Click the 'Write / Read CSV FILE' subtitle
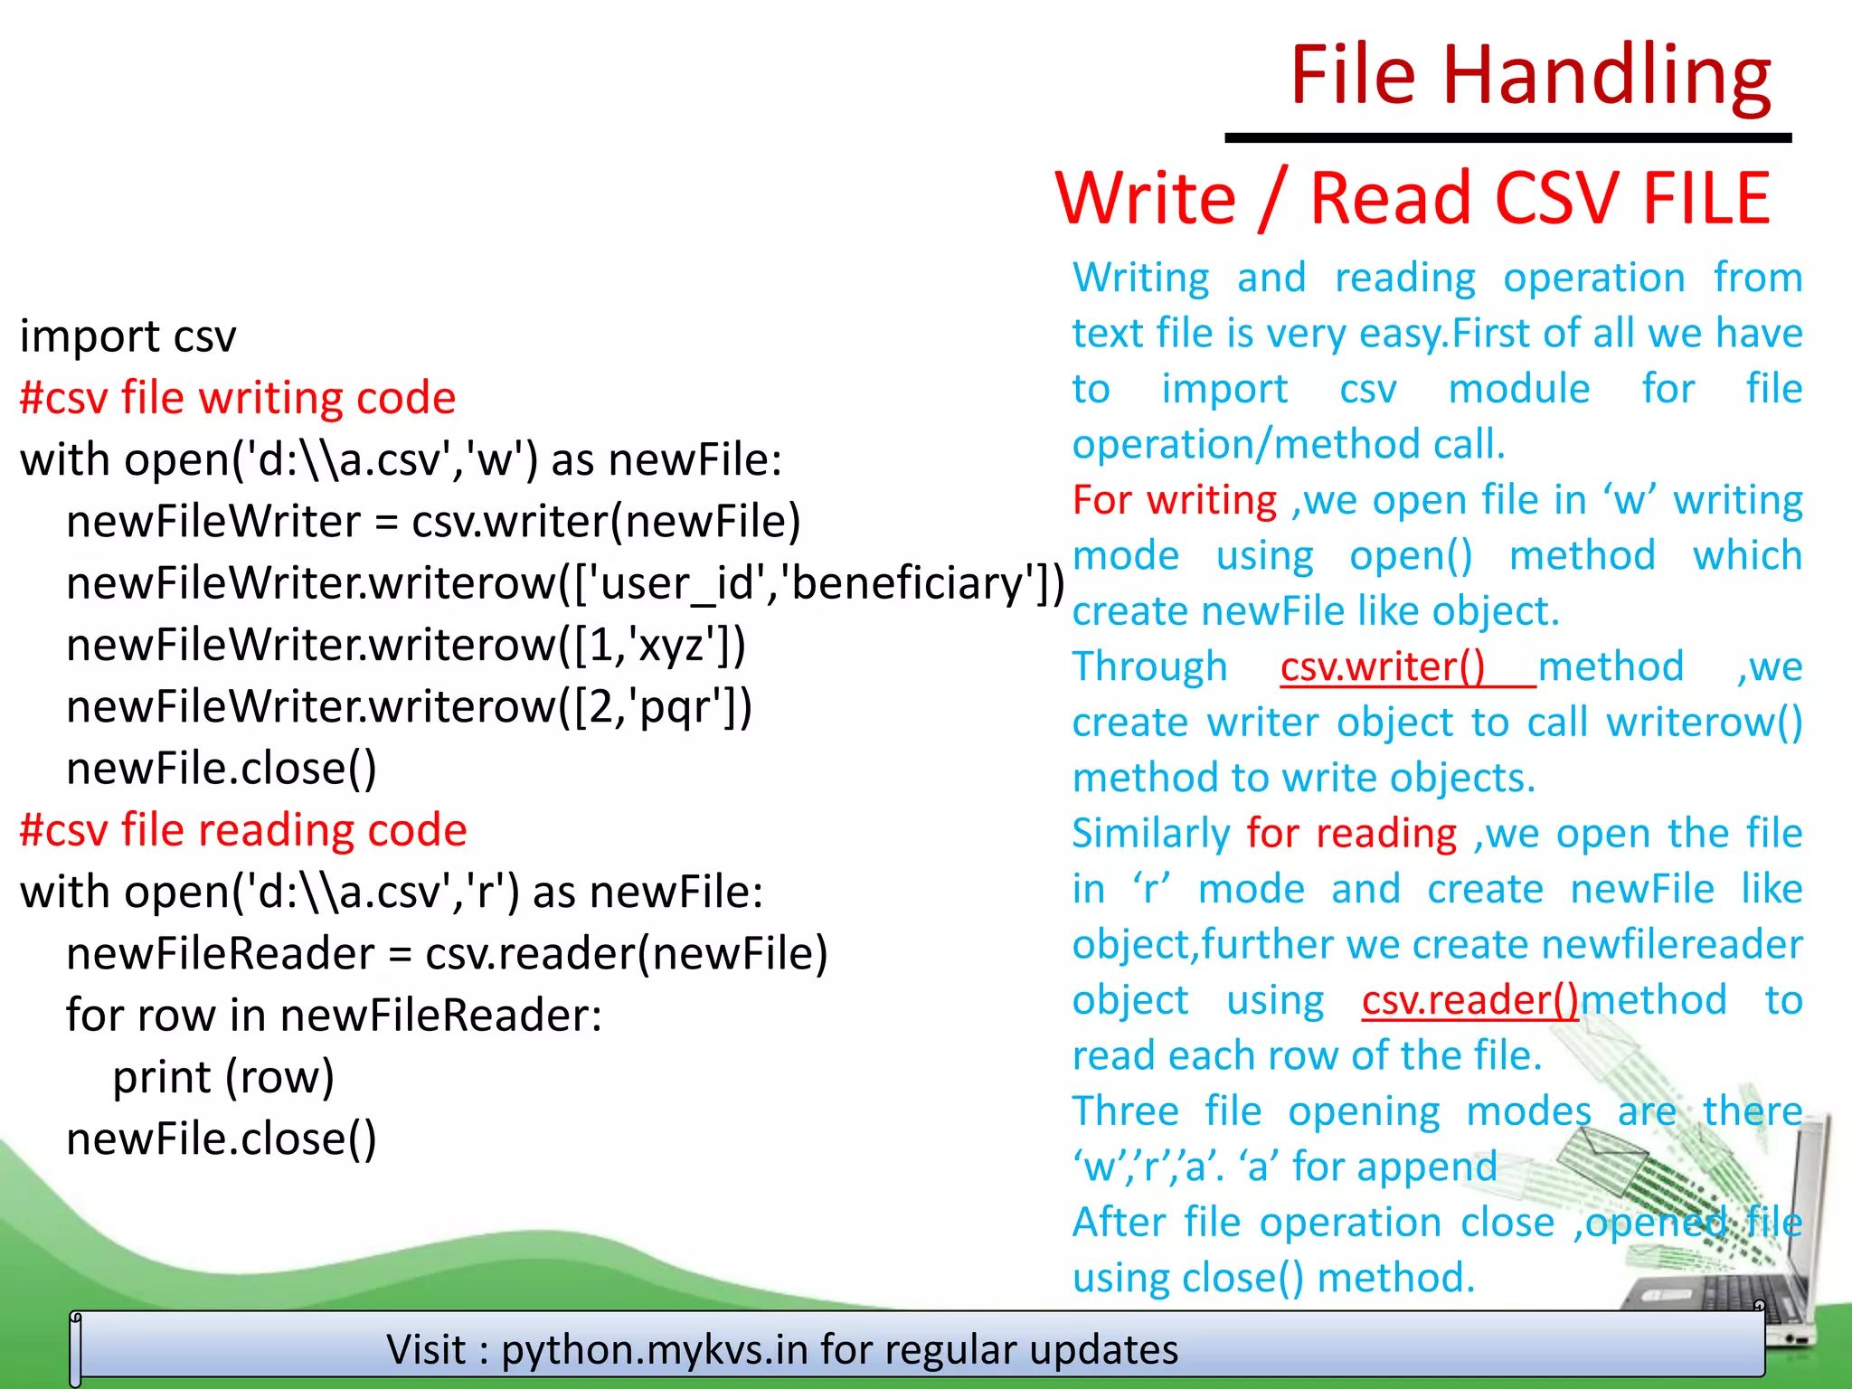[x=1413, y=198]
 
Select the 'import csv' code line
[x=128, y=336]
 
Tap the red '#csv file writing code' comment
[x=238, y=398]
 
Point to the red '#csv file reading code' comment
[x=243, y=830]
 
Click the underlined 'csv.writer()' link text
[x=1383, y=667]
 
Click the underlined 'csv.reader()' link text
[x=1469, y=1000]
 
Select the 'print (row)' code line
[x=223, y=1077]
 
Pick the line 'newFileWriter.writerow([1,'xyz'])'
[x=406, y=646]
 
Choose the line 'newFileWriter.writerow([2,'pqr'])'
[x=409, y=707]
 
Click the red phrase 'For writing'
[x=1175, y=500]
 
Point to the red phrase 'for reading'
[x=1351, y=833]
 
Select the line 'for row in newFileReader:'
[x=334, y=1016]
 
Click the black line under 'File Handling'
[x=1507, y=138]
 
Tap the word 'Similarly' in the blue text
[x=1150, y=833]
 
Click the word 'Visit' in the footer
[x=426, y=1349]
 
